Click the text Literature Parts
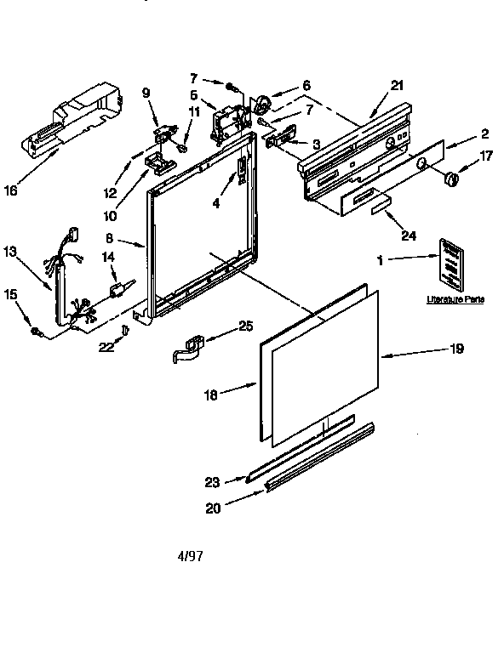click(450, 300)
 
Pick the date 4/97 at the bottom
click(190, 557)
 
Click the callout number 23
click(213, 482)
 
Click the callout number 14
click(107, 256)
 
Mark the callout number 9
click(146, 94)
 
